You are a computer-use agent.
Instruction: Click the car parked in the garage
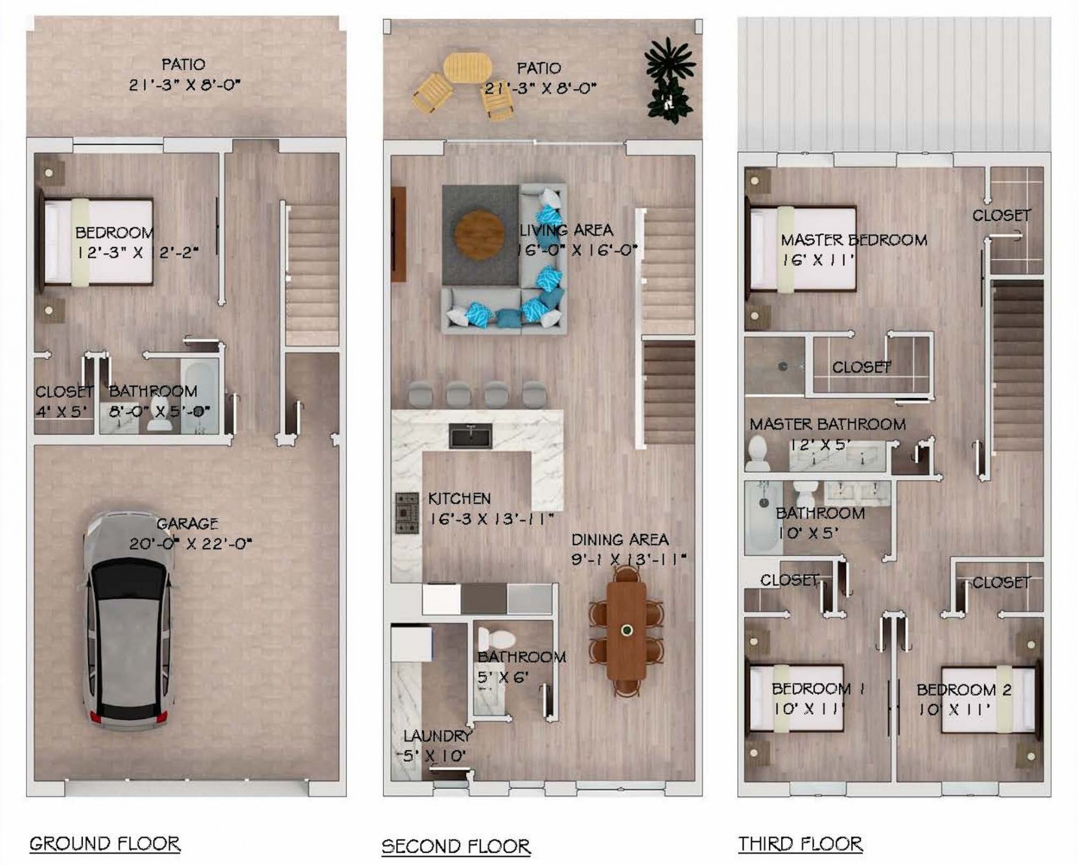pyautogui.click(x=128, y=618)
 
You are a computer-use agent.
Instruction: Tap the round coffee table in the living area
pyautogui.click(x=479, y=234)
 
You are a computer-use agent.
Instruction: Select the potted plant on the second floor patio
pyautogui.click(x=669, y=79)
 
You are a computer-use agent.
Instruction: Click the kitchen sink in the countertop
pyautogui.click(x=471, y=436)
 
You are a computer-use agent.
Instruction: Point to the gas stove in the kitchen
pyautogui.click(x=407, y=513)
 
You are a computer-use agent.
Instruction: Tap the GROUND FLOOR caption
pyautogui.click(x=105, y=844)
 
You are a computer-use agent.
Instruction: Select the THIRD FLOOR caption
pyautogui.click(x=800, y=844)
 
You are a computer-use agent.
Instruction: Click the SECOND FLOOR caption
pyautogui.click(x=456, y=846)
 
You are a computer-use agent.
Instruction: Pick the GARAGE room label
pyautogui.click(x=187, y=523)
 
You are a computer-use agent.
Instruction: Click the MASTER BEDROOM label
pyautogui.click(x=854, y=240)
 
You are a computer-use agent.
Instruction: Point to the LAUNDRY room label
pyautogui.click(x=438, y=736)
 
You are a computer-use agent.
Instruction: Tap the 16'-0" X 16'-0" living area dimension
pyautogui.click(x=577, y=250)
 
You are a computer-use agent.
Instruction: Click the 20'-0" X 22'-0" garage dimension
pyautogui.click(x=190, y=544)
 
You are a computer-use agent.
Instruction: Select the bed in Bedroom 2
pyautogui.click(x=988, y=700)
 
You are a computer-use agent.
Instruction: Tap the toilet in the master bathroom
pyautogui.click(x=757, y=453)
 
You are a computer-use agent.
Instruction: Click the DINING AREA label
pyautogui.click(x=620, y=540)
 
